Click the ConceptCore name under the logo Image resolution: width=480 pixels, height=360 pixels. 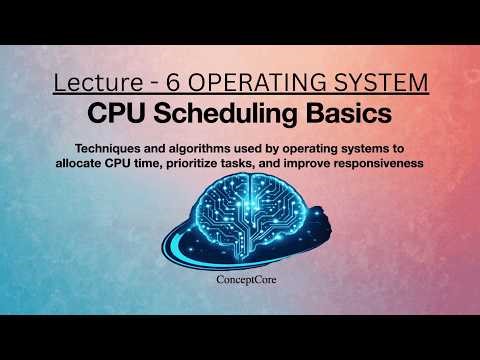pos(240,282)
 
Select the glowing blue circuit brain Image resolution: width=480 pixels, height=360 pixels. pos(240,215)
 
